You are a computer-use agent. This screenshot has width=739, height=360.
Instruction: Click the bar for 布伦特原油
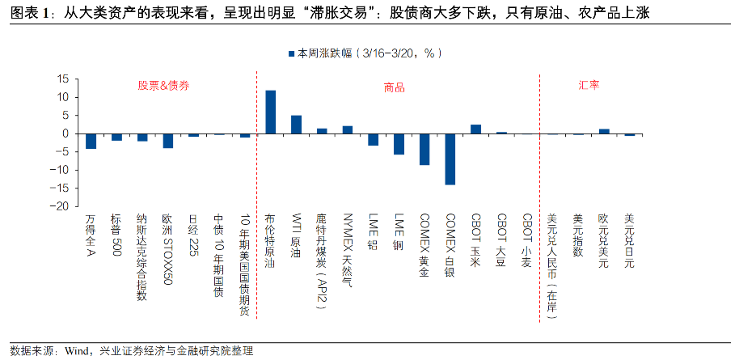point(271,112)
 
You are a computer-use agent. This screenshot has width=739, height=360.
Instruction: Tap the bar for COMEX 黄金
point(424,149)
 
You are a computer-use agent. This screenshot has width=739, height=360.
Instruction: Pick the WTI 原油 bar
point(297,125)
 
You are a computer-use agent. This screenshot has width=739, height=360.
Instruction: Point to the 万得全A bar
point(91,141)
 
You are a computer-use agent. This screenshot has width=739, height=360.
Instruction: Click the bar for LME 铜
point(399,143)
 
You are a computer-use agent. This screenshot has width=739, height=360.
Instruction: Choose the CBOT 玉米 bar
point(475,129)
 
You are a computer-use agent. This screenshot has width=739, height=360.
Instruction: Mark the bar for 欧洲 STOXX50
point(168,141)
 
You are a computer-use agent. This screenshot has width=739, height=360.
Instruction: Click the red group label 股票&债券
point(163,85)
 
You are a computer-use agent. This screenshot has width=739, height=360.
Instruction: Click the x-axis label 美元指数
point(577,235)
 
